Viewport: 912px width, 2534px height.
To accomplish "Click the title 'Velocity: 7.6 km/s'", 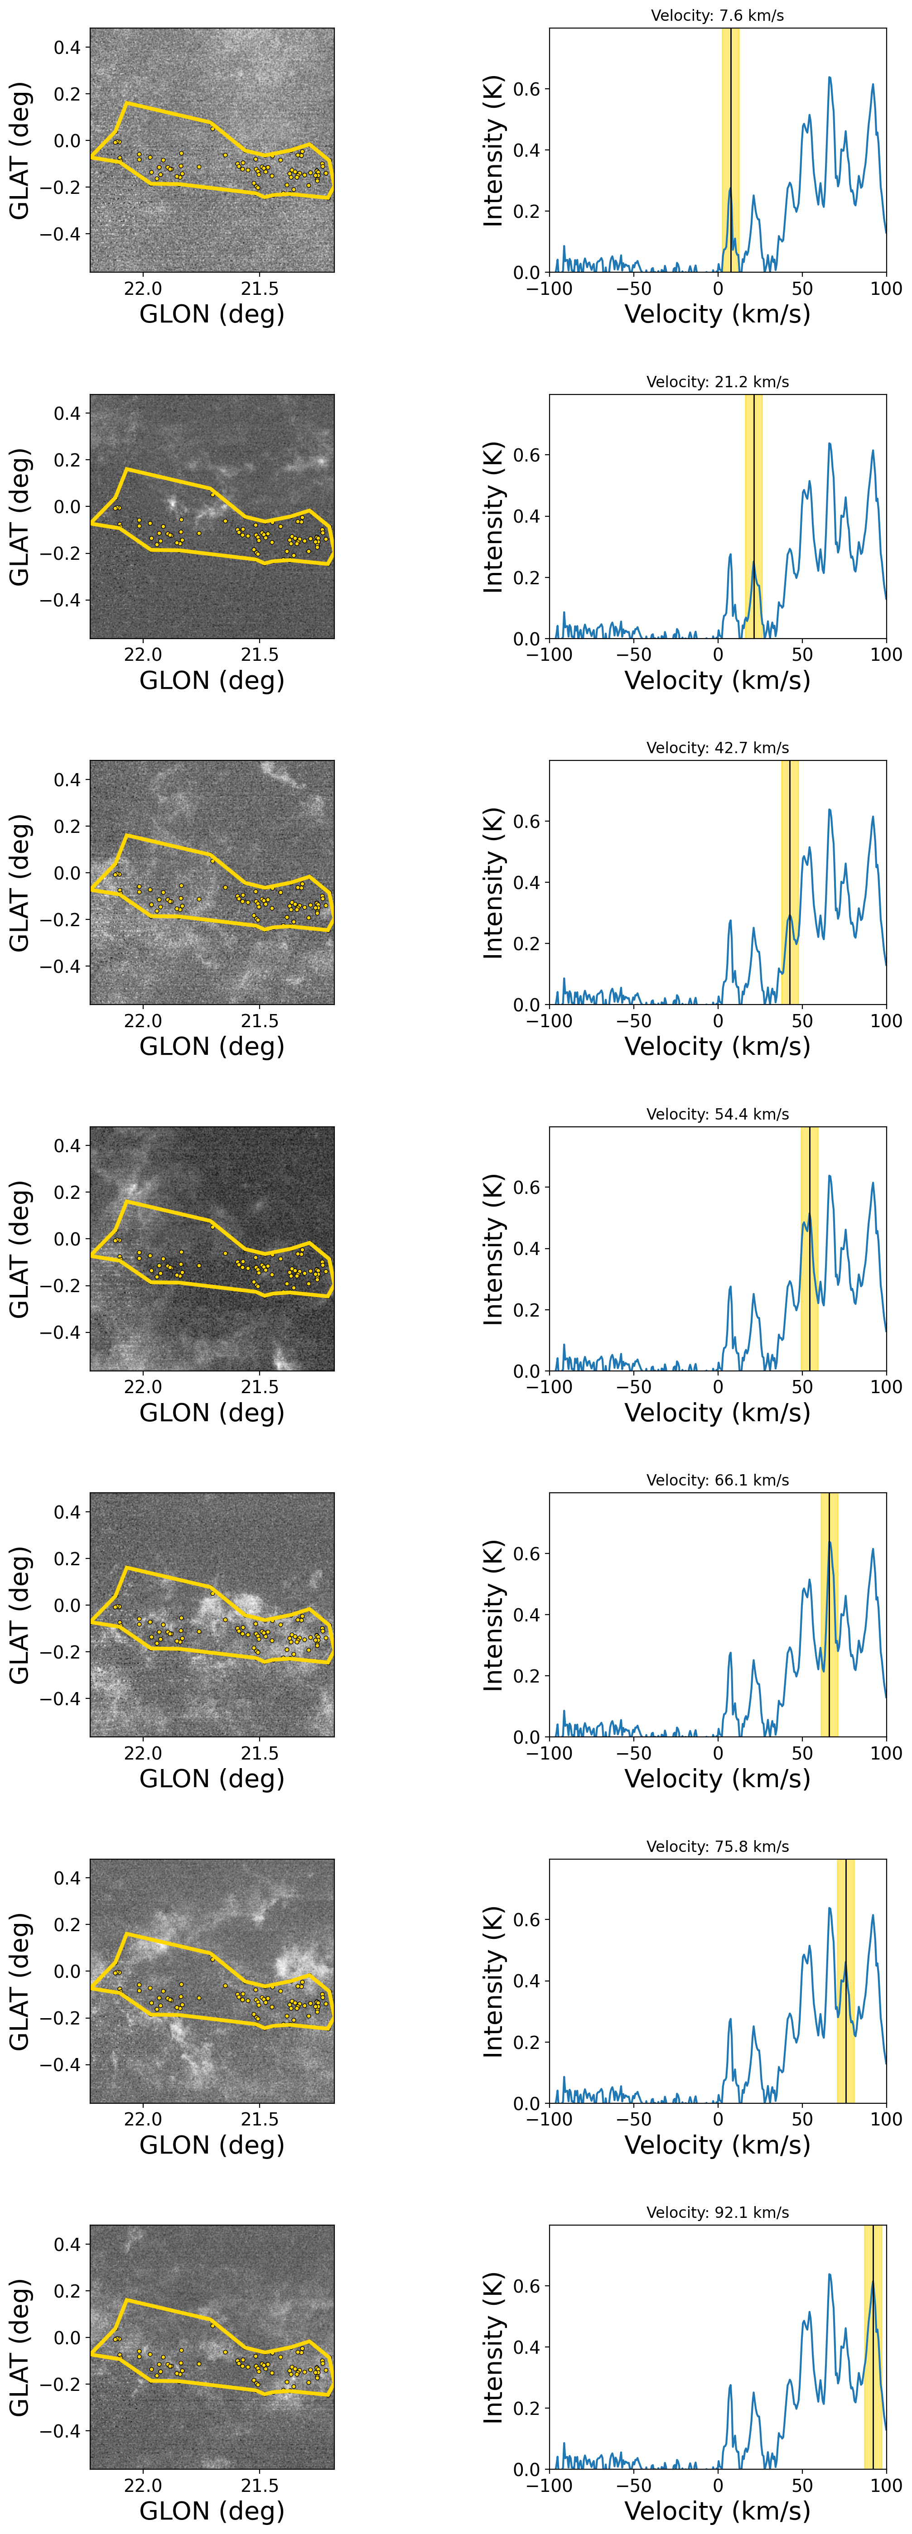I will point(717,16).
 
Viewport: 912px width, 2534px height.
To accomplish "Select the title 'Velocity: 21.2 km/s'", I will point(717,382).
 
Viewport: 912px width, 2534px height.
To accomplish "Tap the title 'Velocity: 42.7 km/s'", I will point(717,748).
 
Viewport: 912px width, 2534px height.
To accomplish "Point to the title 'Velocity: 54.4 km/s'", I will point(717,1114).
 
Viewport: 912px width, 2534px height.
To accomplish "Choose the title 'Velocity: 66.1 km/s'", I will point(717,1480).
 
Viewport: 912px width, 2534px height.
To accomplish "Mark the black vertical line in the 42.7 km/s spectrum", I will point(790,885).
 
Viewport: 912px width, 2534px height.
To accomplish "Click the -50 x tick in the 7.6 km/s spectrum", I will point(633,288).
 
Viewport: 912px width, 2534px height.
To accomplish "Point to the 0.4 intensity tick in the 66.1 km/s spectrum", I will point(526,1614).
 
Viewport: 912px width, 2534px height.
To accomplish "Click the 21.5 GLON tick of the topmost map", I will point(260,288).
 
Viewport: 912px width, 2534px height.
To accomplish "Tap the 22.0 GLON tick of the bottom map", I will point(144,2485).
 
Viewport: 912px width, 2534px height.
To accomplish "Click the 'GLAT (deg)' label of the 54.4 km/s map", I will point(19,1248).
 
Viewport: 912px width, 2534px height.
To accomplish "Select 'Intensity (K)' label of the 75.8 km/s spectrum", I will point(493,1980).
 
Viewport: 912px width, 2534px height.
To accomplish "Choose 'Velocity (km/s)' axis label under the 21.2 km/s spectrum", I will point(717,681).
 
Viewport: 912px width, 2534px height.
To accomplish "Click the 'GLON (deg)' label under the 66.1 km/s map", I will point(212,1779).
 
